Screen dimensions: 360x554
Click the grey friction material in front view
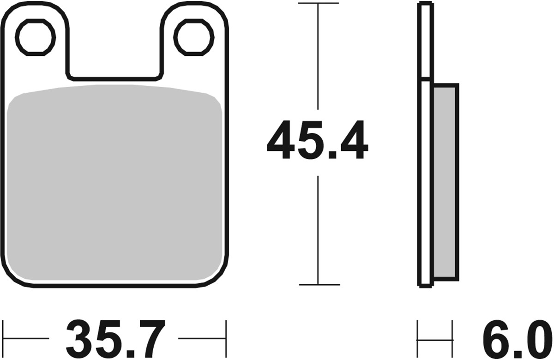115,185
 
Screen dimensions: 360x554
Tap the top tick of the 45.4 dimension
319,3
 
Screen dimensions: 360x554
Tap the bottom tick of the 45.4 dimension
319,285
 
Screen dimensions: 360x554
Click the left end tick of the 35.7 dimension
4,338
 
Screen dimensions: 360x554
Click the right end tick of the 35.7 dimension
226,338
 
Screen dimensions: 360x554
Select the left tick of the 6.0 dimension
418,338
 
